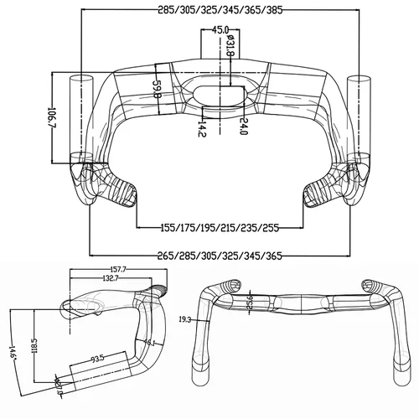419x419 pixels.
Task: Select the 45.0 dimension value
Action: click(220, 31)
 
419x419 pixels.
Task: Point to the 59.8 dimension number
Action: click(157, 90)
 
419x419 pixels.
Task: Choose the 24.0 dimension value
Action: click(244, 126)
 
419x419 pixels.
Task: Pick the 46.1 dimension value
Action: click(149, 344)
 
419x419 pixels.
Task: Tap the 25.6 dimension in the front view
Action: click(251, 300)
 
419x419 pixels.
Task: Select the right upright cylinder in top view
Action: click(356, 117)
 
